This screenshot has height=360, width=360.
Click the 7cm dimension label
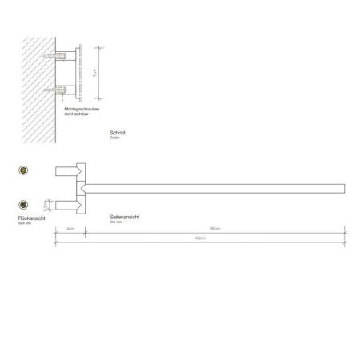pyautogui.click(x=94, y=73)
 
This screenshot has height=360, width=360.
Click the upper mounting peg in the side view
pyautogui.click(x=64, y=170)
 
